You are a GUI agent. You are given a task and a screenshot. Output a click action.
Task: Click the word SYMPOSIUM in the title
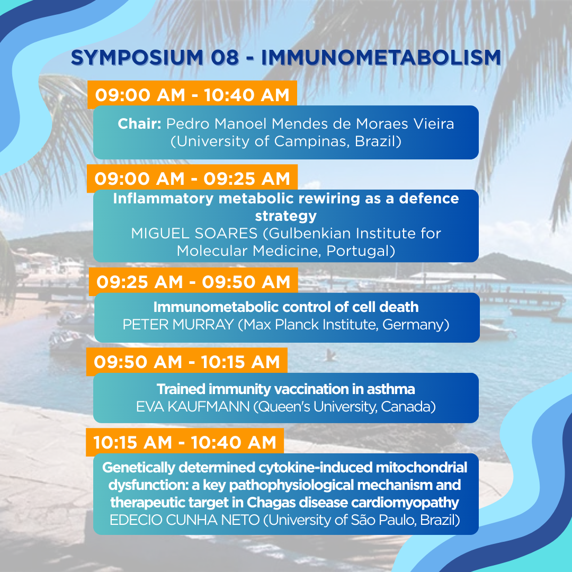137,58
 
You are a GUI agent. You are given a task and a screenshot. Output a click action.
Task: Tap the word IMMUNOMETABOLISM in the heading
381,58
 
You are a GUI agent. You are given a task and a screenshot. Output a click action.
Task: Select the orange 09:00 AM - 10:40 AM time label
192,95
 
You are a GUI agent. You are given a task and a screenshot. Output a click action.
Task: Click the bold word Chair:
139,124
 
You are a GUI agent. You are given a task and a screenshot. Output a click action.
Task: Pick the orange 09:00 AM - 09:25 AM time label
192,179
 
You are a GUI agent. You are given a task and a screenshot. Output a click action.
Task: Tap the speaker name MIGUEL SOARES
194,234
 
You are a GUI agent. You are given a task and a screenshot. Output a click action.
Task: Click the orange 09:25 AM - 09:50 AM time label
193,282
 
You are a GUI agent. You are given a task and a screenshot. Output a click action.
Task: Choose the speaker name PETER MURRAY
178,325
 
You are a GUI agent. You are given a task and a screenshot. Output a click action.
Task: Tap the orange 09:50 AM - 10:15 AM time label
187,362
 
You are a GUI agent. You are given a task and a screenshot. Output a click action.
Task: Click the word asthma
391,389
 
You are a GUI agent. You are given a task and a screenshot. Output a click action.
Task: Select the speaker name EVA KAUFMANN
193,407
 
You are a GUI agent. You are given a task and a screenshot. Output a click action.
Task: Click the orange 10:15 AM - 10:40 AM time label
185,442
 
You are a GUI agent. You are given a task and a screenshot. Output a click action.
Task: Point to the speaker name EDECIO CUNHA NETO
185,520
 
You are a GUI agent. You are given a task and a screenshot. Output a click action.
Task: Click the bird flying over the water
330,354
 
